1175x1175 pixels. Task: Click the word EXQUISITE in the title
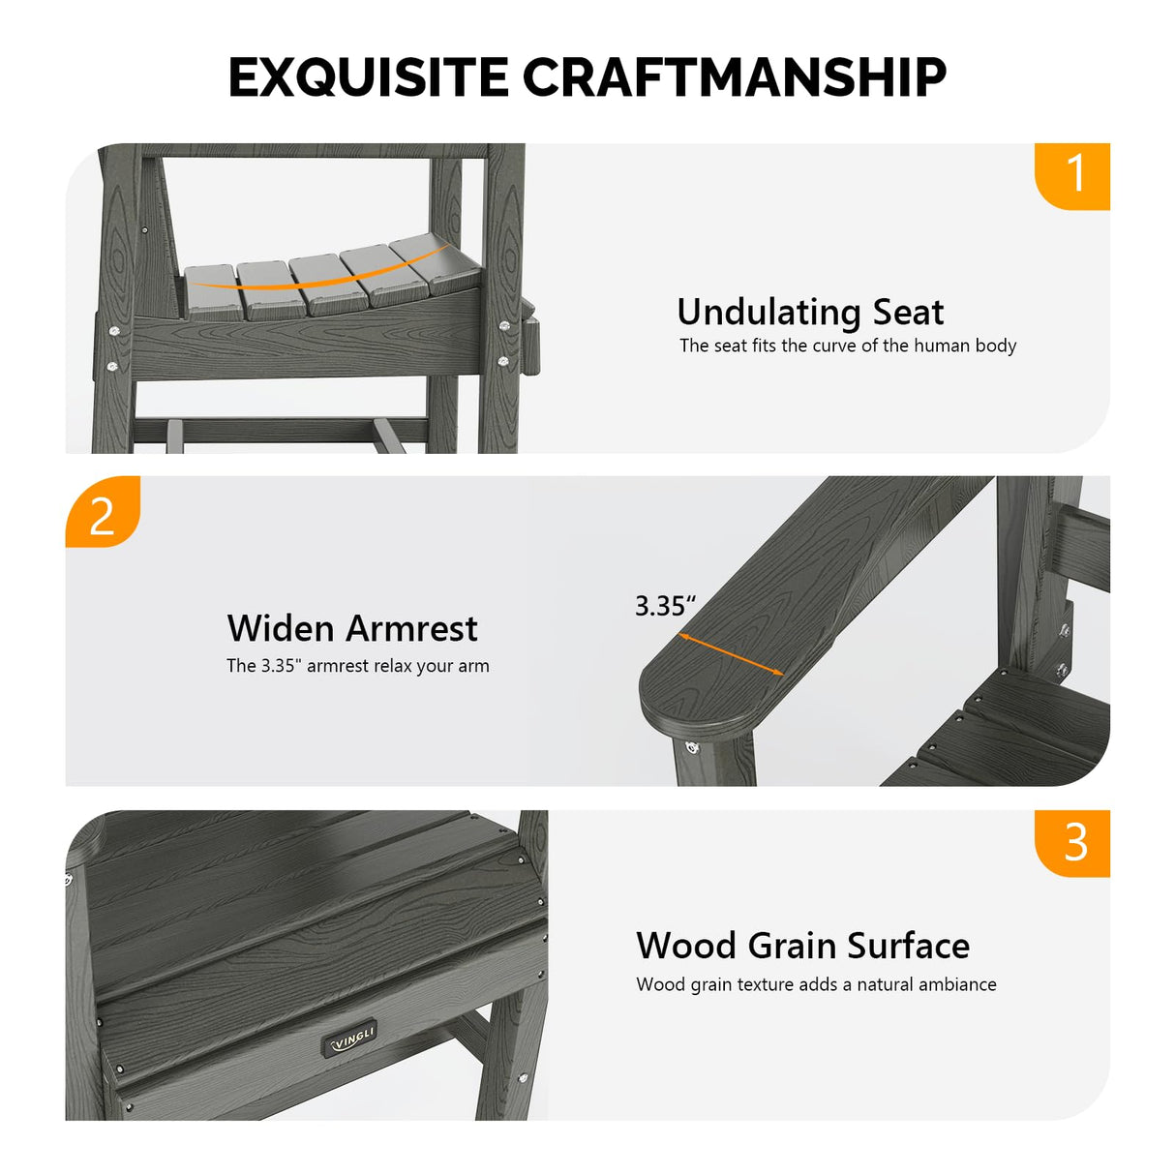(369, 77)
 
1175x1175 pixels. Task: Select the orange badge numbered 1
(1072, 176)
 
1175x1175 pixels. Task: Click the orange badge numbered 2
(103, 511)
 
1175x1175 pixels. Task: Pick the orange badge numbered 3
(1072, 843)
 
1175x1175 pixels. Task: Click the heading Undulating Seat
(810, 313)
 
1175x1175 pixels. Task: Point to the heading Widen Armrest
(352, 628)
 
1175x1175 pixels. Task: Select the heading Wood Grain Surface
(803, 946)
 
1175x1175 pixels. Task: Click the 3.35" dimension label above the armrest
(665, 606)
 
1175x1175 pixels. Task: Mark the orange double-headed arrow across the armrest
(732, 654)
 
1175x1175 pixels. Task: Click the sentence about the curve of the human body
(848, 346)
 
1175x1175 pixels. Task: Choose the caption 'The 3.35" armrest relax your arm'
(358, 665)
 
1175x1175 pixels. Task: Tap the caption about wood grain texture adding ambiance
(816, 984)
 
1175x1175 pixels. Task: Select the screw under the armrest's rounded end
(690, 746)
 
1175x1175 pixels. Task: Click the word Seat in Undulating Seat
(908, 313)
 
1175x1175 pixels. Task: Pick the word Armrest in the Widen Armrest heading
(412, 628)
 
